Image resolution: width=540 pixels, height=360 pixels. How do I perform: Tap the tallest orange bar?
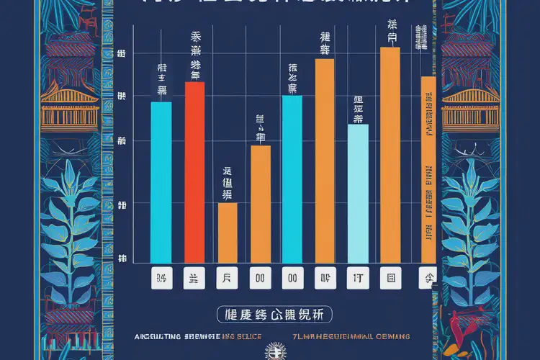(390, 155)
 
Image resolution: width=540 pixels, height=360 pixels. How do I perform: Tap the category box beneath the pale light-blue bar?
(358, 277)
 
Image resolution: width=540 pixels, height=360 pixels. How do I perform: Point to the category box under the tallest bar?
(391, 277)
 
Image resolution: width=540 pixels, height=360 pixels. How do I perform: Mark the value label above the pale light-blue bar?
(358, 108)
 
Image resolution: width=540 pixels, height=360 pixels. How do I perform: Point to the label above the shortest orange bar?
(228, 184)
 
